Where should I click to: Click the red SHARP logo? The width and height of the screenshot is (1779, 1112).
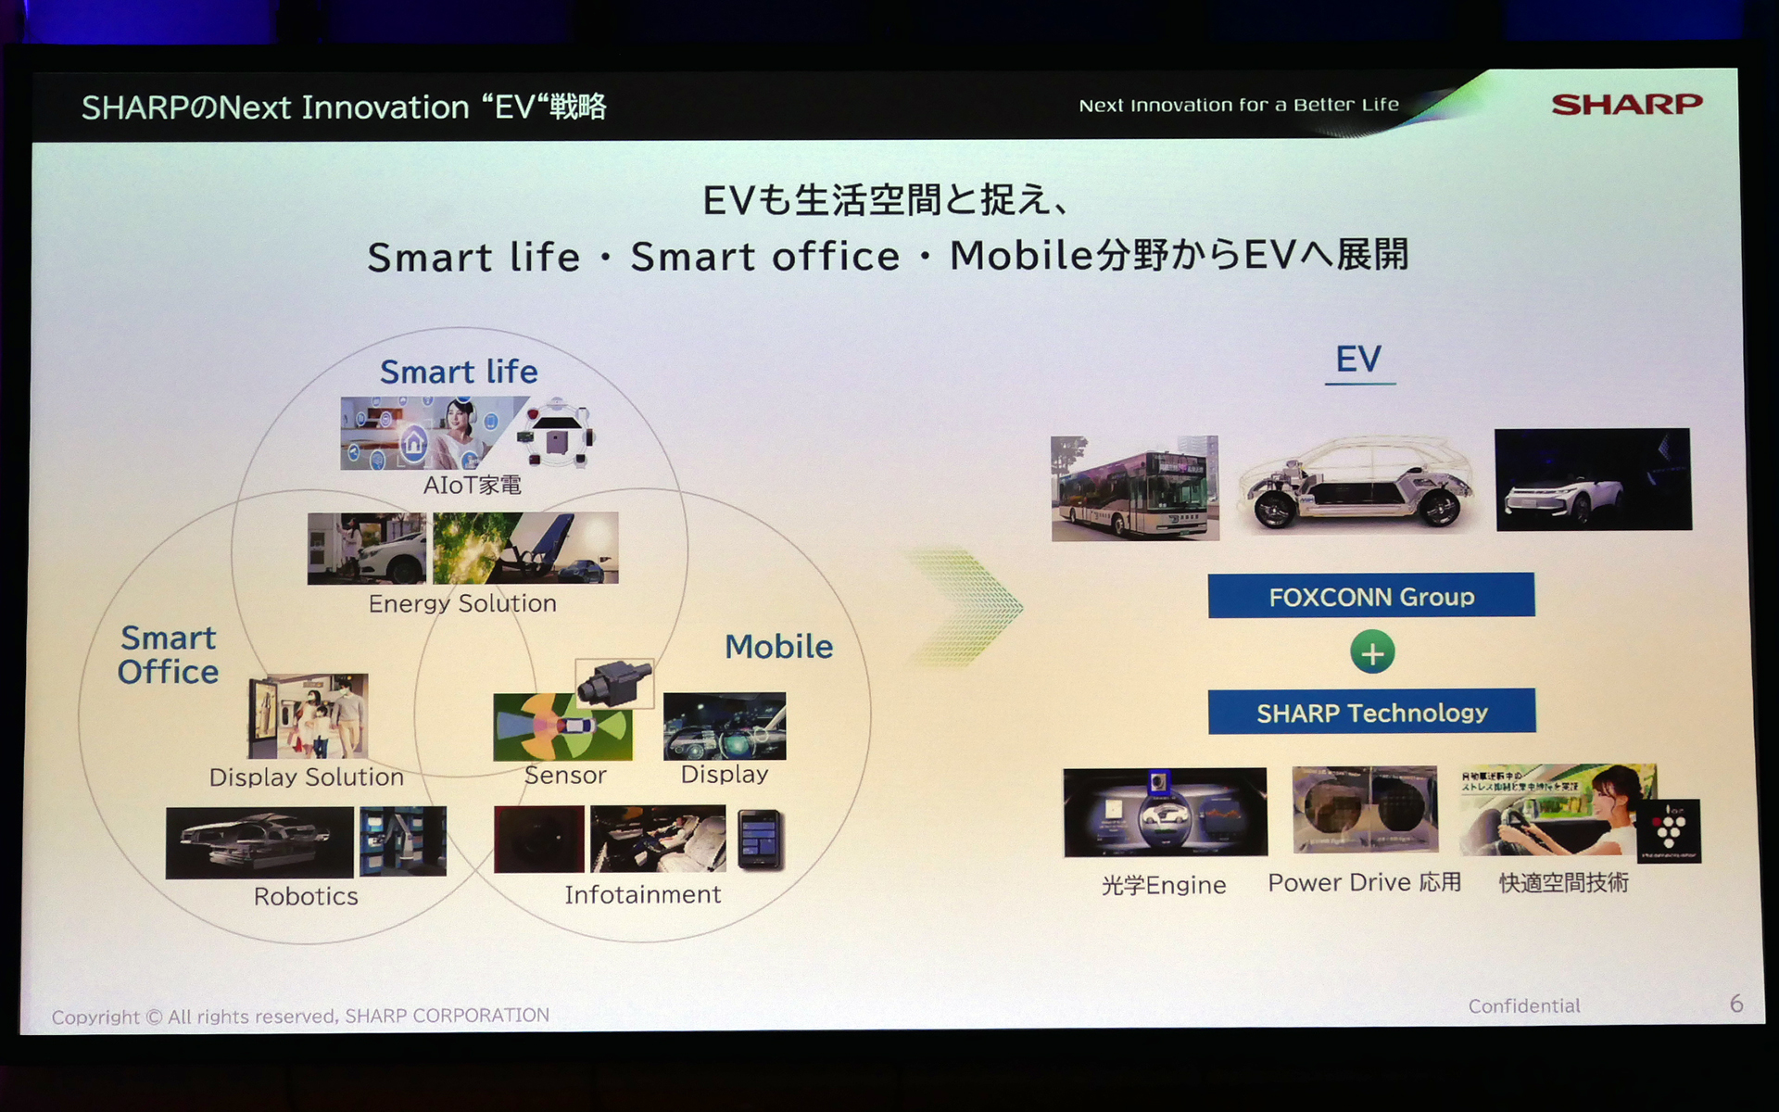(x=1626, y=104)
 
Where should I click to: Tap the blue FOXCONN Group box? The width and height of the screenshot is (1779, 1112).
(x=1370, y=596)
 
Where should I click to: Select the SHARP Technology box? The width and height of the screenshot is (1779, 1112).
(x=1371, y=712)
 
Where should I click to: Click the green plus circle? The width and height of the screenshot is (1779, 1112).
(x=1372, y=652)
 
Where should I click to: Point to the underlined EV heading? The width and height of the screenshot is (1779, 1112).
(x=1358, y=360)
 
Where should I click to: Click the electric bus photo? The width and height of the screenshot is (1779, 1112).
(x=1135, y=488)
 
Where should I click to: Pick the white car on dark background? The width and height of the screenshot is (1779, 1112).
(x=1593, y=479)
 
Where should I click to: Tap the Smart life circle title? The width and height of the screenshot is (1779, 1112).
(x=459, y=372)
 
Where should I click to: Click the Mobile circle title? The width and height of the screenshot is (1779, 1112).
(x=778, y=646)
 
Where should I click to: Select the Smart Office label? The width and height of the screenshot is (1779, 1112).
(x=168, y=654)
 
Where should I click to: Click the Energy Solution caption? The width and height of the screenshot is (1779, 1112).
(x=462, y=603)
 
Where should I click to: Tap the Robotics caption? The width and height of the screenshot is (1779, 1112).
(x=306, y=896)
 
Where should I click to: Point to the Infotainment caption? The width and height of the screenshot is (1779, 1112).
(x=642, y=894)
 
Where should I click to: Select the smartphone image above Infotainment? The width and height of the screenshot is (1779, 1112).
(x=760, y=840)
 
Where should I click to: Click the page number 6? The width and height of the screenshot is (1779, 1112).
(x=1735, y=1004)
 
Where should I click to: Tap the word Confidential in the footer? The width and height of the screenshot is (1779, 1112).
(x=1524, y=1005)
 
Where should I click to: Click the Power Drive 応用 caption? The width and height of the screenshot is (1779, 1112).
(x=1364, y=882)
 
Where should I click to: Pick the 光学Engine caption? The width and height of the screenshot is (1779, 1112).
(x=1164, y=885)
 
